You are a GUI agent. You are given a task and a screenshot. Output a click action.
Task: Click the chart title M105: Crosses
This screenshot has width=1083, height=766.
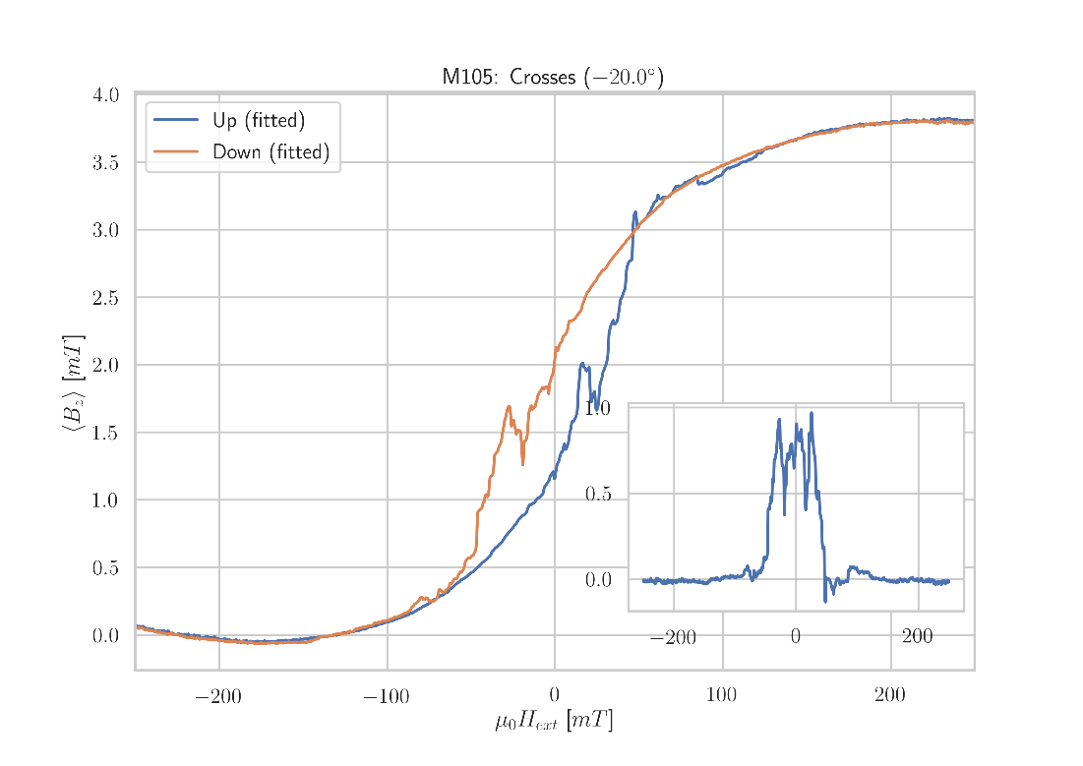click(x=552, y=77)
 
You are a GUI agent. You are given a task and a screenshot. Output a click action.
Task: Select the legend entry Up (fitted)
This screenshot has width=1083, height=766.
click(x=259, y=122)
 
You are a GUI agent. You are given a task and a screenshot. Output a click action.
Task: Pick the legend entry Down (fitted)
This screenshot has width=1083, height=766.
click(x=271, y=152)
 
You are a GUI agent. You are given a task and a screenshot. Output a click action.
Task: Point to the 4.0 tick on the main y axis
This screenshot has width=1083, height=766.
click(x=105, y=95)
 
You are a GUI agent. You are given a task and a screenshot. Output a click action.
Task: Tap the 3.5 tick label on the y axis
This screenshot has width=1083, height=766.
click(x=105, y=163)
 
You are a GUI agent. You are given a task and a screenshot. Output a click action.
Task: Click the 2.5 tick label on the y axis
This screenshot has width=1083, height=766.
click(x=105, y=298)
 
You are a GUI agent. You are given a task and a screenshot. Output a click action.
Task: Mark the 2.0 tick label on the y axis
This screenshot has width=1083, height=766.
click(x=105, y=366)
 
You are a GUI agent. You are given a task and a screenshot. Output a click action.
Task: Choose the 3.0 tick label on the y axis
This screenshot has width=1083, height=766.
click(x=105, y=230)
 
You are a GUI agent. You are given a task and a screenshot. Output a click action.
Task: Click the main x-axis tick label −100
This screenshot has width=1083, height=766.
click(x=386, y=697)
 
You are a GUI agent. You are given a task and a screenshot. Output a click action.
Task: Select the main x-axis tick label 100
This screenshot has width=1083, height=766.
click(x=721, y=697)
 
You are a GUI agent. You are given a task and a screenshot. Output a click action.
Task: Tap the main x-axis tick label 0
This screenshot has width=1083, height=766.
click(x=555, y=697)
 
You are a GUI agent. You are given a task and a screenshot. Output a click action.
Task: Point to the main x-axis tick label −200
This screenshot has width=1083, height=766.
click(x=217, y=697)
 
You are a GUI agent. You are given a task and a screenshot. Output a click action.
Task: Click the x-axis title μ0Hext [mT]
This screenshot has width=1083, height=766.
click(x=554, y=722)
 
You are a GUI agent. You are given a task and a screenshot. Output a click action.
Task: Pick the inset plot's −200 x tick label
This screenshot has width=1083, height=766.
click(x=673, y=638)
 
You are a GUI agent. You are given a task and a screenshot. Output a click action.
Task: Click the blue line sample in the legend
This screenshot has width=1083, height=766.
click(x=176, y=121)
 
